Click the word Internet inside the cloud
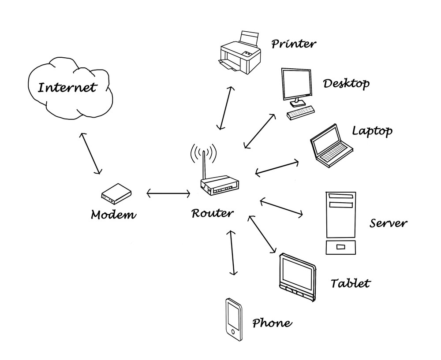pyautogui.click(x=67, y=87)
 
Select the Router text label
pyautogui.click(x=212, y=214)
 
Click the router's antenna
pyautogui.click(x=204, y=163)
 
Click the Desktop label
pyautogui.click(x=346, y=83)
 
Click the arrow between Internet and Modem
pyautogui.click(x=90, y=153)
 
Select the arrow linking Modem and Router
pyautogui.click(x=168, y=193)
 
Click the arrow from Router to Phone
pyautogui.click(x=231, y=252)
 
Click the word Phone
pyautogui.click(x=272, y=323)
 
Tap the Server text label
pyautogui.click(x=388, y=223)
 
